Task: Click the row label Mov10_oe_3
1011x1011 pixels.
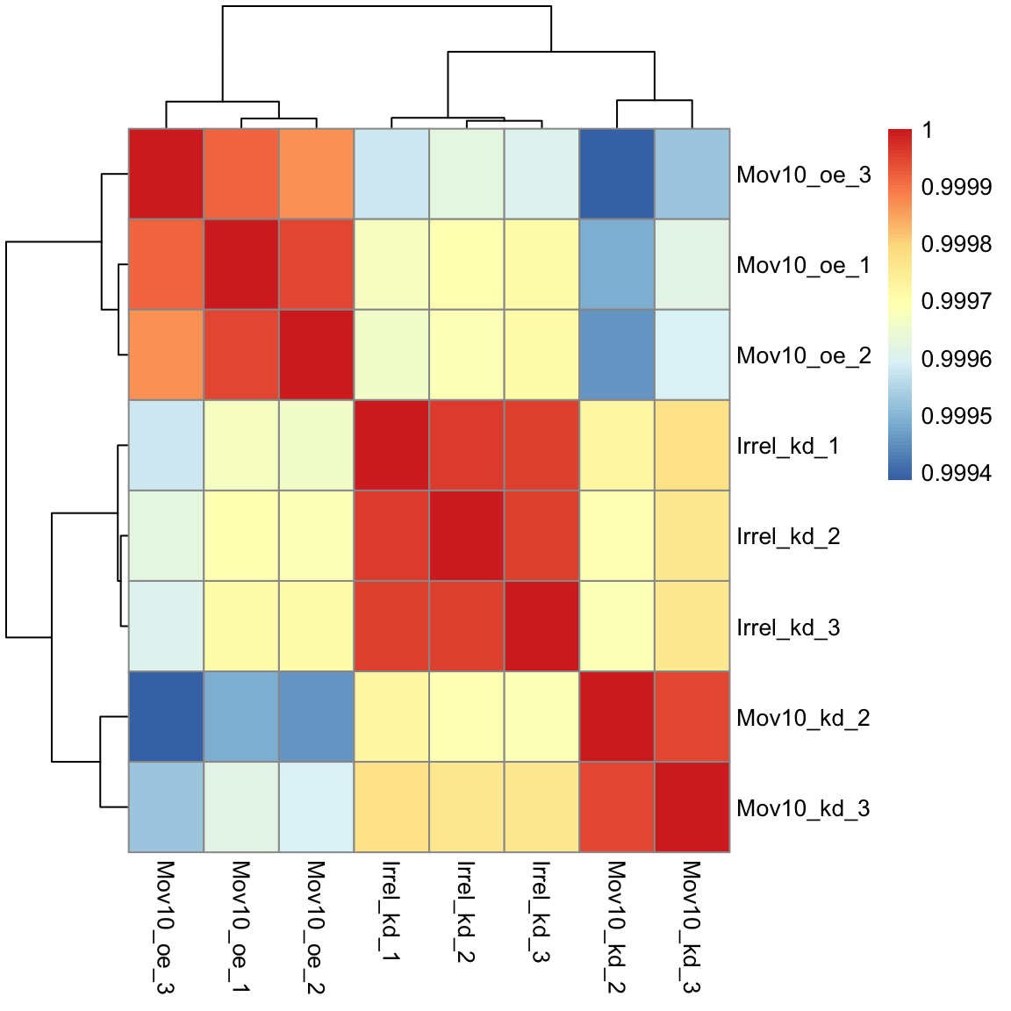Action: (x=803, y=175)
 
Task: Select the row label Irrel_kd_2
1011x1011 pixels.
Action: (x=788, y=536)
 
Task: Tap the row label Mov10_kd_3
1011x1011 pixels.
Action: (x=803, y=808)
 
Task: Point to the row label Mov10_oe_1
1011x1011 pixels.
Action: (x=803, y=265)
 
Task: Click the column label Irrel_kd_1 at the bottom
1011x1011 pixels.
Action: (x=391, y=911)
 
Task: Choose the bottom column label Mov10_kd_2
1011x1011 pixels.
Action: (x=616, y=926)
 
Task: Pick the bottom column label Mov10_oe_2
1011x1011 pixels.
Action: (x=316, y=926)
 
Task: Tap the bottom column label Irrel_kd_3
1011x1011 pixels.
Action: (x=541, y=911)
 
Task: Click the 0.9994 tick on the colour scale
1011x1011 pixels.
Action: (x=956, y=473)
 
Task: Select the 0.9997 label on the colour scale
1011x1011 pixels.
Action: (x=956, y=301)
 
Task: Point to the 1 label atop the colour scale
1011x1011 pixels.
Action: (x=928, y=131)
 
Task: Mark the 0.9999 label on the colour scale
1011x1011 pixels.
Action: (x=956, y=187)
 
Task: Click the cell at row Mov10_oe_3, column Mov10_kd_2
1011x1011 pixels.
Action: (x=617, y=174)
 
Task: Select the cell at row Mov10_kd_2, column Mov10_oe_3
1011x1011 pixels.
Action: (x=166, y=717)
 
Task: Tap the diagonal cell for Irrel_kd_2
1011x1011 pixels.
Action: (x=466, y=535)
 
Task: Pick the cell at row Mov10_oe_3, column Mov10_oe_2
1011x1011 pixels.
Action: (x=316, y=174)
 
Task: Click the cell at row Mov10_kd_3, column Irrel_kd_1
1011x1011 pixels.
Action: (x=391, y=807)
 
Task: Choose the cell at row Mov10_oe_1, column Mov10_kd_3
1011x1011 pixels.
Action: (x=692, y=264)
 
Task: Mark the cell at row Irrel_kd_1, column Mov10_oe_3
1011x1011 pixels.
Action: (x=166, y=445)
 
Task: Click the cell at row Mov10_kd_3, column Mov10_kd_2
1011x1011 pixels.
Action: (x=617, y=807)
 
